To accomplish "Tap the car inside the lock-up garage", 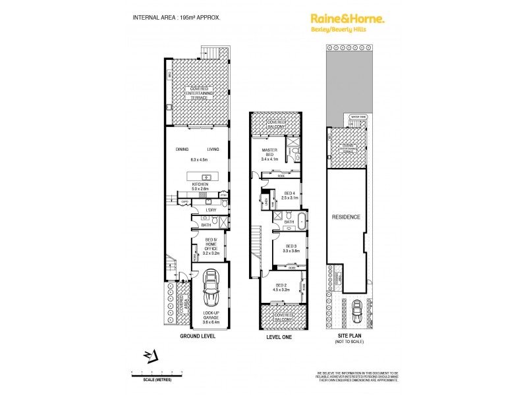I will pyautogui.click(x=210, y=287).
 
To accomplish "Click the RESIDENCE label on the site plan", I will pyautogui.click(x=346, y=217).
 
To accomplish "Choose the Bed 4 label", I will pyautogui.click(x=290, y=195).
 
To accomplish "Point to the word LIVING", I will pyautogui.click(x=212, y=149).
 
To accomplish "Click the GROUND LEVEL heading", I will pyautogui.click(x=198, y=336).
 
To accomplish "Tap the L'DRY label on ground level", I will pyautogui.click(x=210, y=209).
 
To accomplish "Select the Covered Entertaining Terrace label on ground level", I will pyautogui.click(x=198, y=93).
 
